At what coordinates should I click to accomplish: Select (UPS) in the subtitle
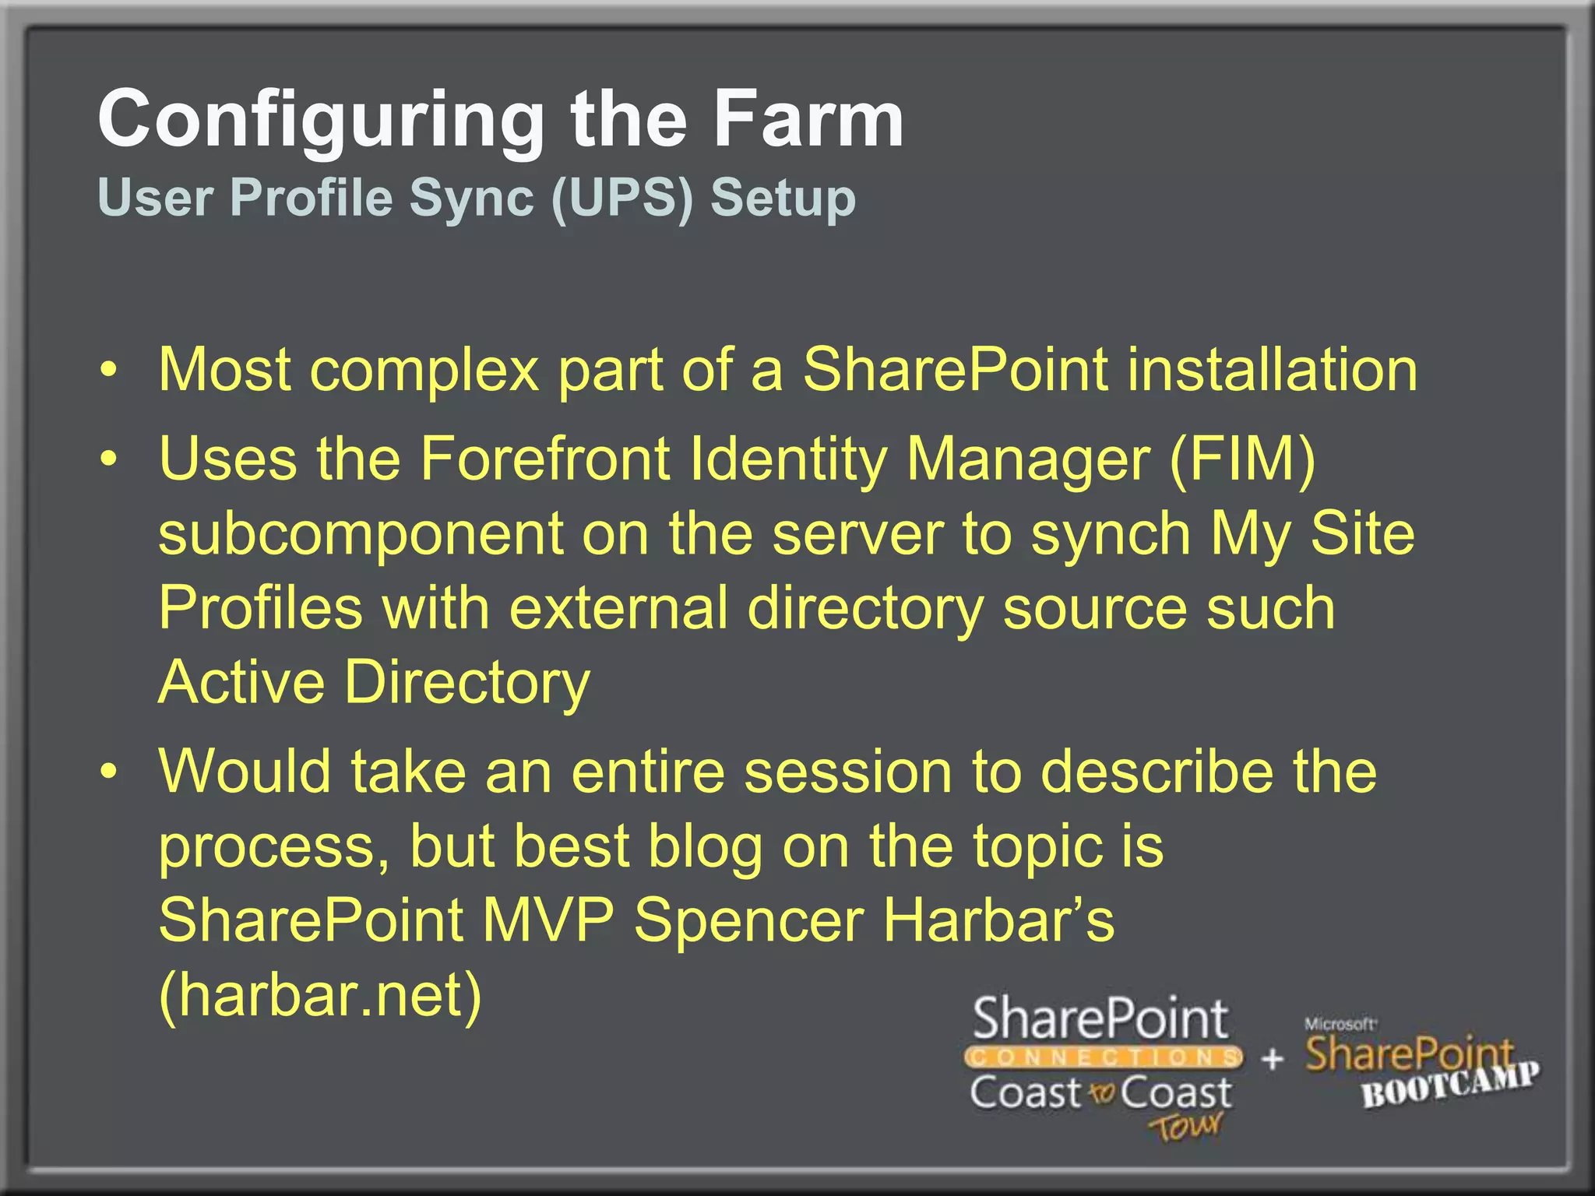[621, 198]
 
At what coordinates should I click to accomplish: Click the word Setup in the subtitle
[782, 199]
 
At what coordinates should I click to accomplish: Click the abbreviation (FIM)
[1242, 459]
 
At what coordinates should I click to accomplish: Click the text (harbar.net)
[320, 995]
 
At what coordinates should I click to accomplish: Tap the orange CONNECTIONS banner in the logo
[1103, 1057]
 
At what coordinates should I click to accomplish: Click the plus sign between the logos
[1272, 1058]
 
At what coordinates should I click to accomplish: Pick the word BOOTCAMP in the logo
[1449, 1085]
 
